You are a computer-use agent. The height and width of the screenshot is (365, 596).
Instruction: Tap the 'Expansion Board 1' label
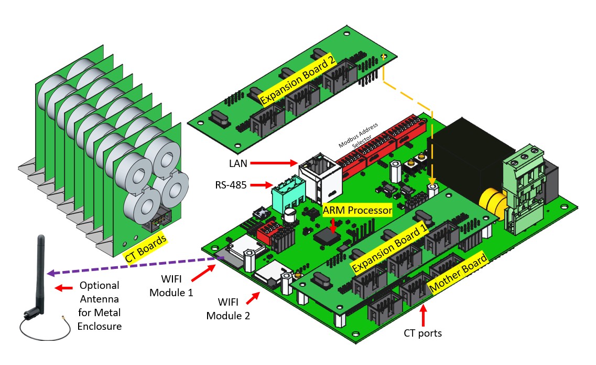coord(391,249)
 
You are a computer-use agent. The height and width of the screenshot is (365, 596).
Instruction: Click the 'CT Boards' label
coord(145,247)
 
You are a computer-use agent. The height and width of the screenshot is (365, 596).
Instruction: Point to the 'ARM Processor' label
coord(357,210)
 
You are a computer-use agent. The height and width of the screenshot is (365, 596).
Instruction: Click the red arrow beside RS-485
coord(260,185)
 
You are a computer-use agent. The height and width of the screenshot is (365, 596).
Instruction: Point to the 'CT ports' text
coord(422,333)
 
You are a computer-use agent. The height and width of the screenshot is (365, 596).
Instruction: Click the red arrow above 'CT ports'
coord(422,315)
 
